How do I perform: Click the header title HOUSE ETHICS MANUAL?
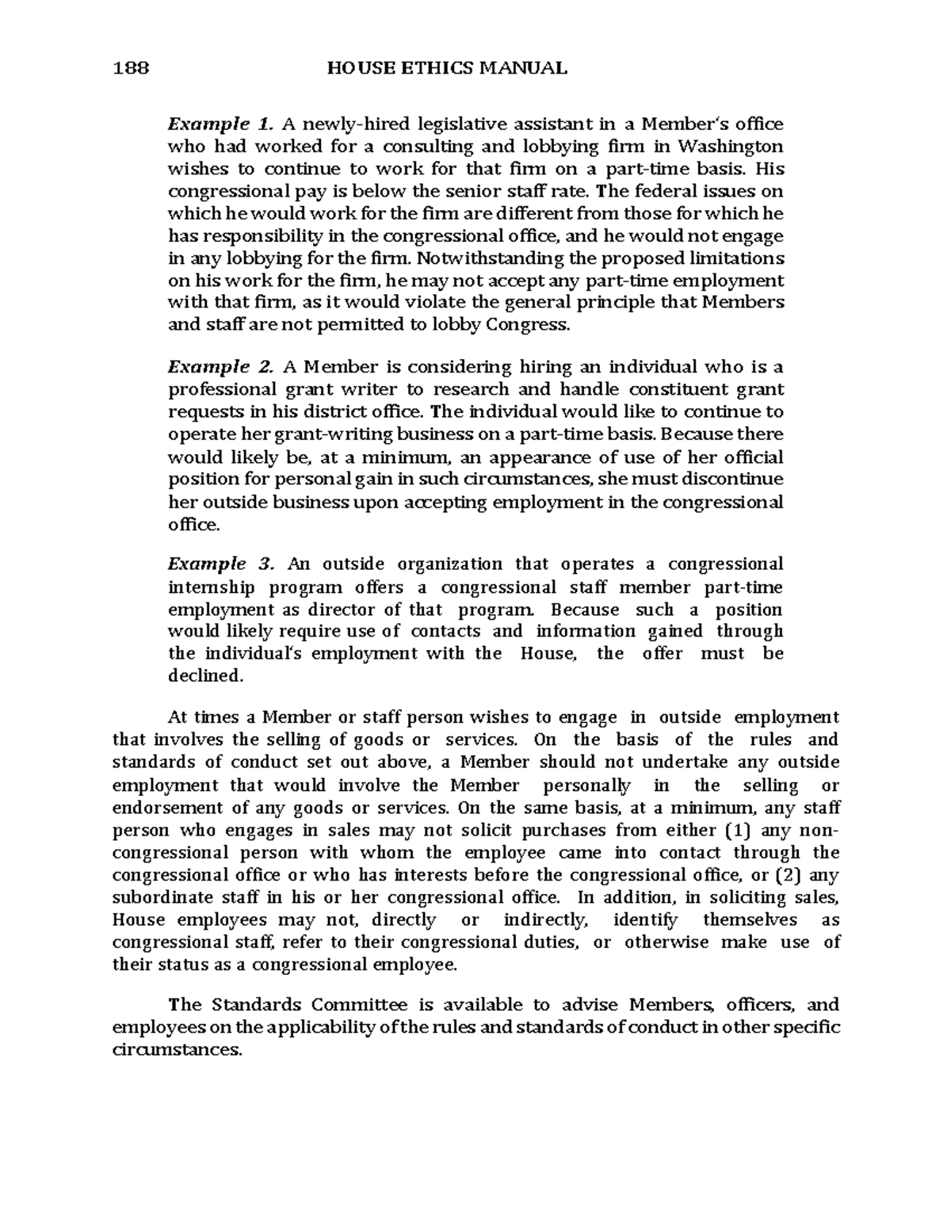[447, 69]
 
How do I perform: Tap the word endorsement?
[168, 809]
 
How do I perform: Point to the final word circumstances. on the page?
[175, 1050]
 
